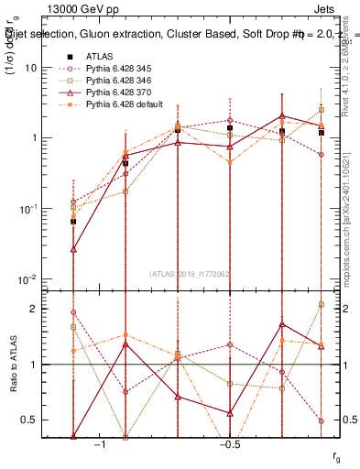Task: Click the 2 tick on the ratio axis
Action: [x=37, y=309]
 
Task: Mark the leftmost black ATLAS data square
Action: [x=73, y=221]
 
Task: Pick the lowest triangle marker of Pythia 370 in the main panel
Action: [x=73, y=248]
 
